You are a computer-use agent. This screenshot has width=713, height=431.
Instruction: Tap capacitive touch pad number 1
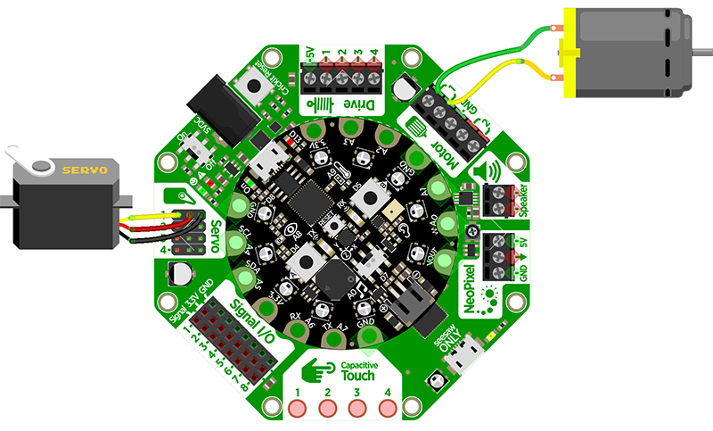pyautogui.click(x=299, y=408)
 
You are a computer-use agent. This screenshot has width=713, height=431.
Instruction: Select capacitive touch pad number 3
pyautogui.click(x=357, y=408)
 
